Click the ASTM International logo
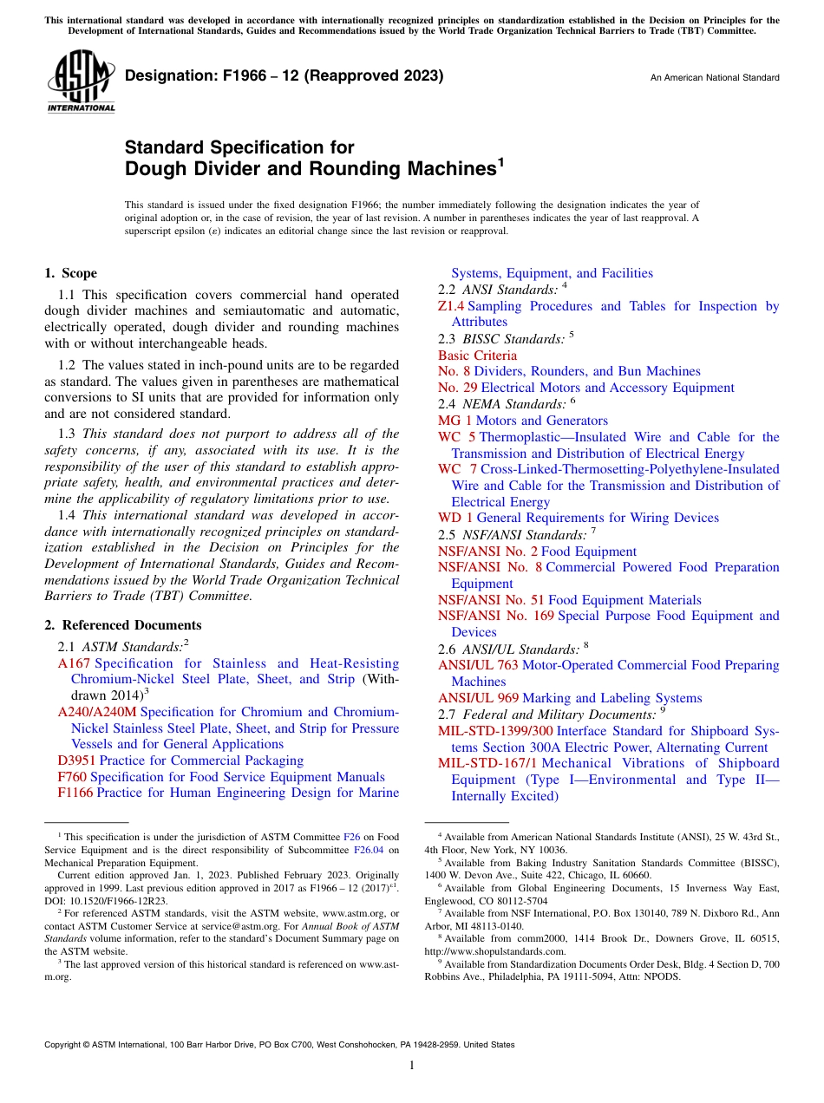[81, 82]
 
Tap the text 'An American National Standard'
[715, 78]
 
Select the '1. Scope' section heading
[71, 273]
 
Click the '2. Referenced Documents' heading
[123, 625]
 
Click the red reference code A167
[74, 663]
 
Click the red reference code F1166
[75, 793]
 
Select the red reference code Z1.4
[451, 306]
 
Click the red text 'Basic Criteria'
[477, 356]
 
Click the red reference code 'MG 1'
[455, 421]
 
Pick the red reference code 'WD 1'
[455, 518]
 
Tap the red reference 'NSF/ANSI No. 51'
[491, 600]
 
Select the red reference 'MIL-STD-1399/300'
[494, 731]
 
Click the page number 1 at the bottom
[412, 1066]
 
